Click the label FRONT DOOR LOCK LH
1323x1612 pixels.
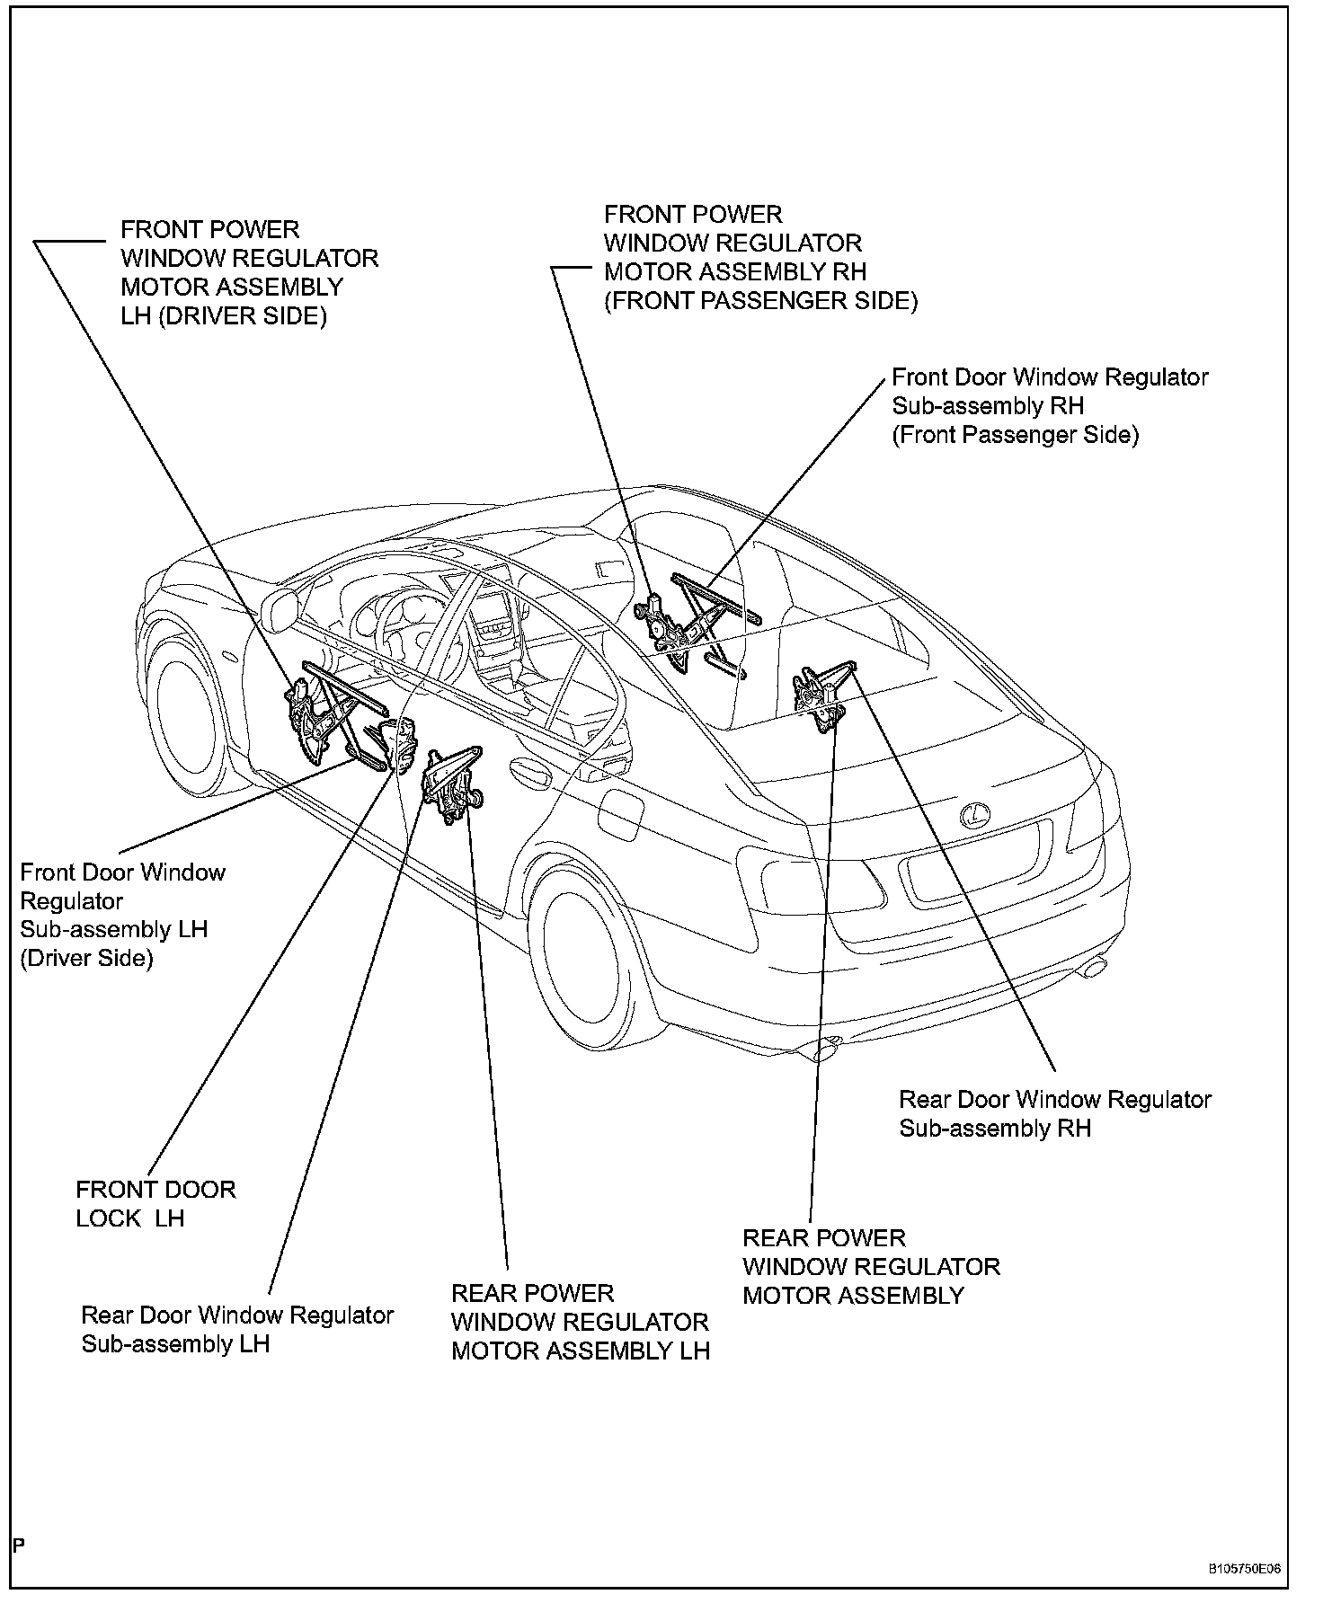(x=155, y=1203)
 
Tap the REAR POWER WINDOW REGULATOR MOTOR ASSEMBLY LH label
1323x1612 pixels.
(x=580, y=1322)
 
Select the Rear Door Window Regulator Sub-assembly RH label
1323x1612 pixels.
(x=1054, y=1113)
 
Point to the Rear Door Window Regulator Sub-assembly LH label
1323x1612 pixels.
(x=237, y=1329)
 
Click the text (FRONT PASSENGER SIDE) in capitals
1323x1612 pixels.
(x=760, y=301)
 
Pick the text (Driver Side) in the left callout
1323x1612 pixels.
(x=86, y=958)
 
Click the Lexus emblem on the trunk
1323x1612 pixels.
(x=971, y=815)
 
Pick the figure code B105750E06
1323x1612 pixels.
(x=1244, y=1569)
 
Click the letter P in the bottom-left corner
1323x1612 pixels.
(x=19, y=1545)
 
